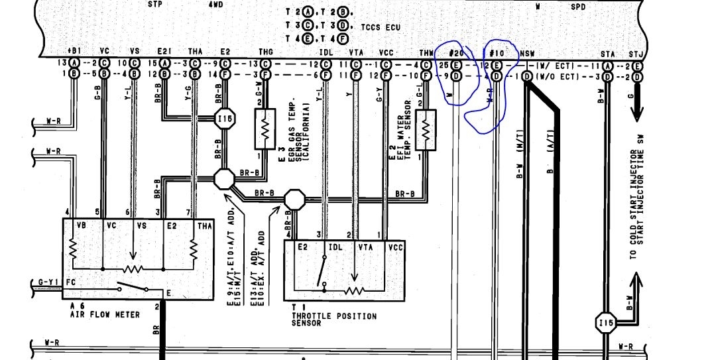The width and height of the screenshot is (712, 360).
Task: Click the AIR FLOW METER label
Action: (105, 315)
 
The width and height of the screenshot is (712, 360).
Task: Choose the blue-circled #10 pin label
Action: (497, 53)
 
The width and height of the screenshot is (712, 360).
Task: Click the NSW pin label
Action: (527, 53)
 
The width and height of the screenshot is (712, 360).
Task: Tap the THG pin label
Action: (265, 53)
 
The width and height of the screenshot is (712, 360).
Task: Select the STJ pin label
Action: (636, 53)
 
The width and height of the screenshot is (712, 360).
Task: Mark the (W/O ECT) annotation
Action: (552, 76)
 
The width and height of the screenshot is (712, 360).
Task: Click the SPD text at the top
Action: (579, 5)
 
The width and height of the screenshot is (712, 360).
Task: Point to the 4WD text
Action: (216, 4)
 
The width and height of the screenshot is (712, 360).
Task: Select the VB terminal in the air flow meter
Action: (82, 225)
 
